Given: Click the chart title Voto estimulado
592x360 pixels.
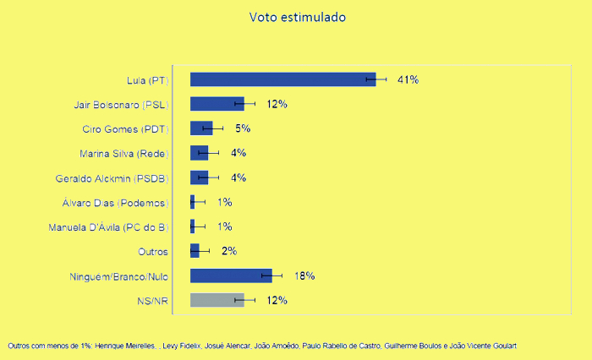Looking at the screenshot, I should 297,17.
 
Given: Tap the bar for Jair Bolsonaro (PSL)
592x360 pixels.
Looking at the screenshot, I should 217,104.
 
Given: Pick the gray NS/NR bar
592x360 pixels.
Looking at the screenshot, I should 217,300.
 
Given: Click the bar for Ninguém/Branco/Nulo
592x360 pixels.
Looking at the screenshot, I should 230,275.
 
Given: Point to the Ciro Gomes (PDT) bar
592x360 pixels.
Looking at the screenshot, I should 201,128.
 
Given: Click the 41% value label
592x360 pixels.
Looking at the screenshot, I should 408,79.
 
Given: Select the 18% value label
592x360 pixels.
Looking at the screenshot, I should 304,275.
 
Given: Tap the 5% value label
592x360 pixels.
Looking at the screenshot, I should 243,128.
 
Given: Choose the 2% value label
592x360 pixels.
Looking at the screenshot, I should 229,251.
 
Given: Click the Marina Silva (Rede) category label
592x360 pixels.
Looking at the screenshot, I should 123,153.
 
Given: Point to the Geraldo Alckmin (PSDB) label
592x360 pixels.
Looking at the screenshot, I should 112,177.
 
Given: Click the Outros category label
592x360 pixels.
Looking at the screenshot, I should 153,251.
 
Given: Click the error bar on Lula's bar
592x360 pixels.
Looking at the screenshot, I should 376,79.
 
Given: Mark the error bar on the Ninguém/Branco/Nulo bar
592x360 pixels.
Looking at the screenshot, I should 272,275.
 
